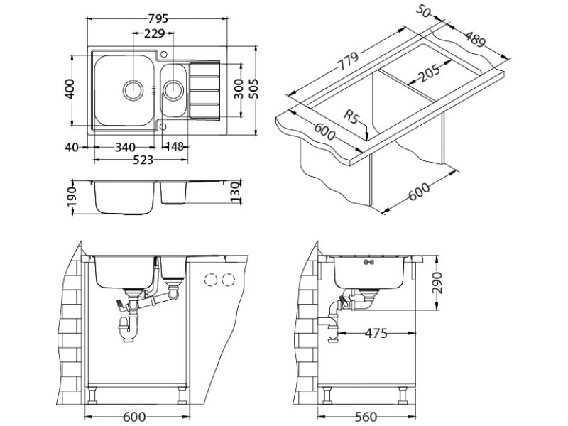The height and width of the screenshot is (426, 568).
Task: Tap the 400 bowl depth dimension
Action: click(69, 89)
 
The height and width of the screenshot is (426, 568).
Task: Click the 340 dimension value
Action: click(124, 147)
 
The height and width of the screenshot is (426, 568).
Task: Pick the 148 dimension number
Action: click(174, 147)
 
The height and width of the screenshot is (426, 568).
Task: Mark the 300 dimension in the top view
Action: click(239, 89)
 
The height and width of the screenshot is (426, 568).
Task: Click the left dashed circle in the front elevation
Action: click(211, 279)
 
